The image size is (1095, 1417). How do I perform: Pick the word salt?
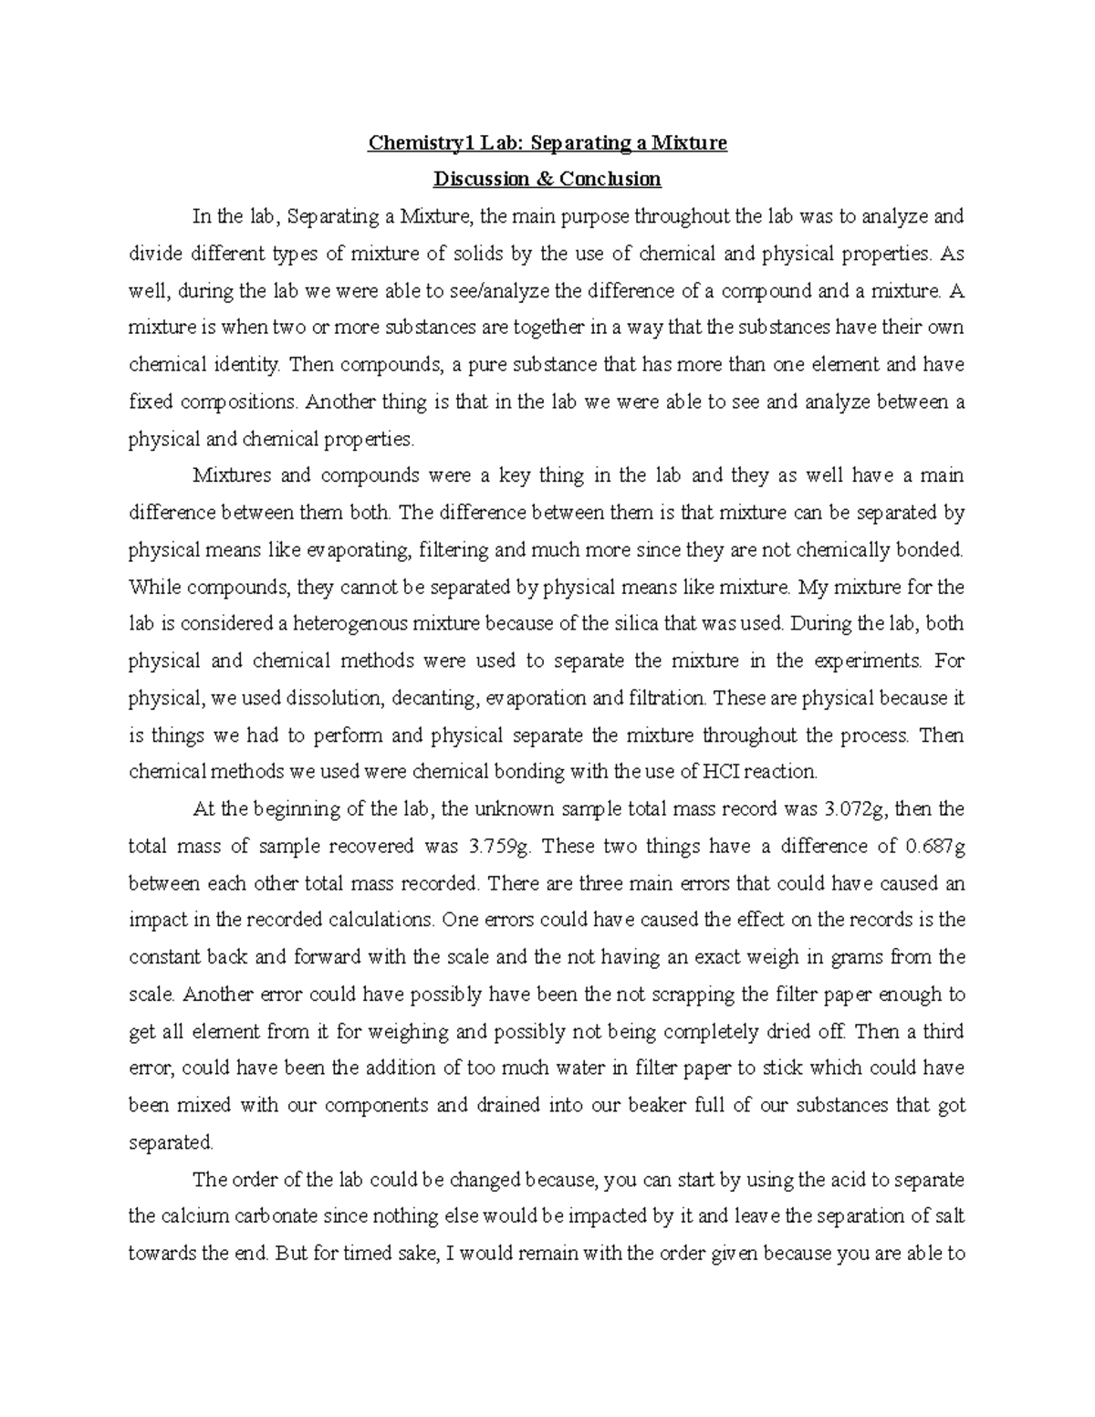pyautogui.click(x=949, y=1216)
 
